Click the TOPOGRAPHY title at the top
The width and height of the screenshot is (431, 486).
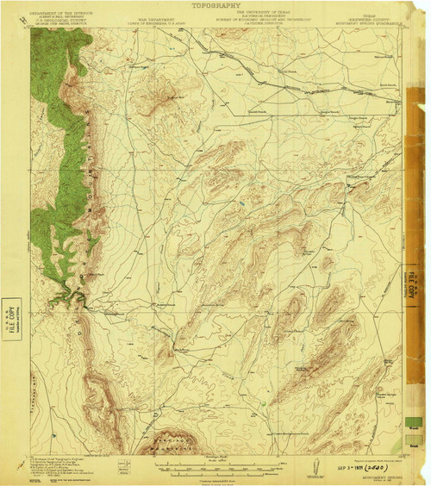215,4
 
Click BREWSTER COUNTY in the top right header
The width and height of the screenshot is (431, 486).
363,15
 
